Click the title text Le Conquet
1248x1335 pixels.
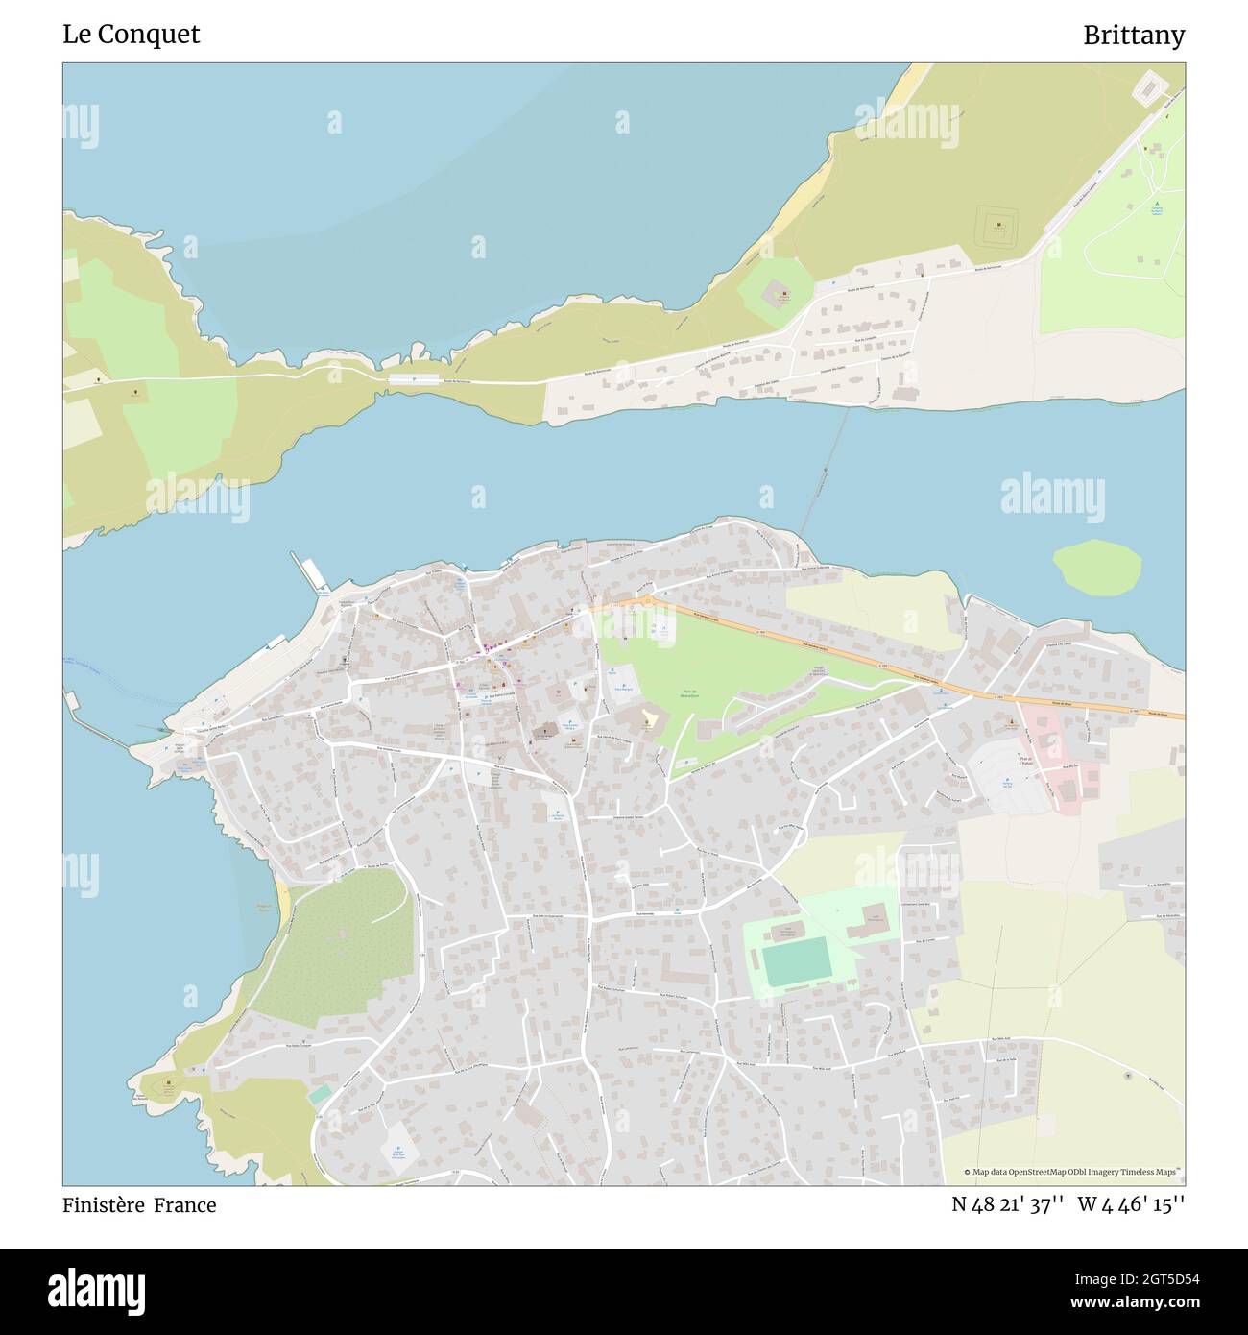132,35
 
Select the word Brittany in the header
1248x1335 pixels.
1134,36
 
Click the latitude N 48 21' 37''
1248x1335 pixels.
1007,1205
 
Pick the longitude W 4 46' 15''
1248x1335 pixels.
1132,1205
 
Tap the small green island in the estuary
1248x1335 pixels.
1097,566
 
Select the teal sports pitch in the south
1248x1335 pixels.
796,961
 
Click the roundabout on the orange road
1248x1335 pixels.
646,602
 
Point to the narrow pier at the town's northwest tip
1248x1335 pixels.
311,573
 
